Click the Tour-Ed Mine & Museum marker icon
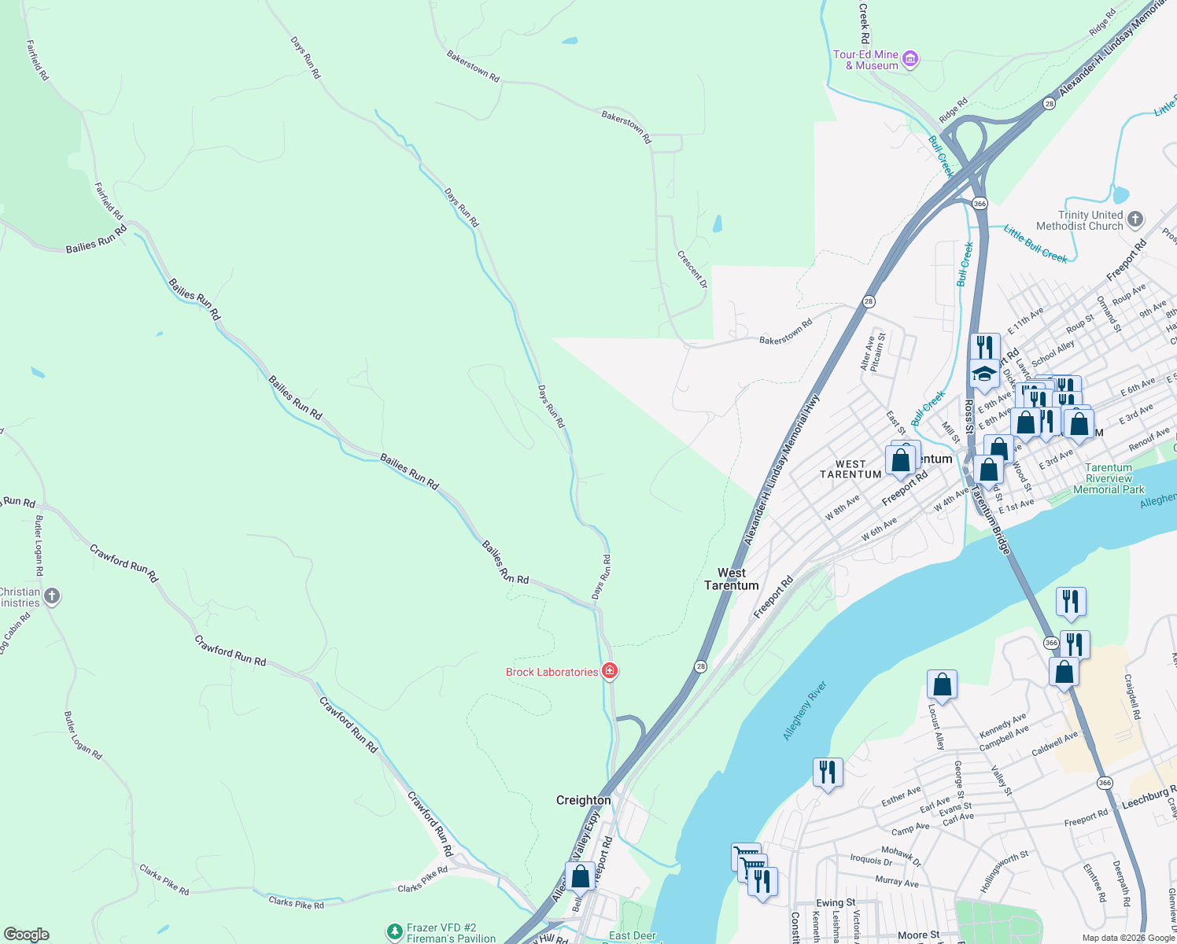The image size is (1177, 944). click(x=910, y=60)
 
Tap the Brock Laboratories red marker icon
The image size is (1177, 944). click(x=609, y=671)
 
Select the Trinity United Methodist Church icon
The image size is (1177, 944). click(x=1135, y=219)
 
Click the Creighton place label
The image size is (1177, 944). click(x=583, y=800)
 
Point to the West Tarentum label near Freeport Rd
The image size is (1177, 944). click(x=732, y=579)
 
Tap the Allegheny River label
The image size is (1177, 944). click(x=805, y=710)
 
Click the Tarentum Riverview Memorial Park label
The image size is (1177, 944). click(x=1109, y=478)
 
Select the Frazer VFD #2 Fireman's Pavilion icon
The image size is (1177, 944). click(x=395, y=932)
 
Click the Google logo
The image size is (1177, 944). click(x=27, y=934)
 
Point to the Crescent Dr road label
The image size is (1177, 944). click(x=692, y=270)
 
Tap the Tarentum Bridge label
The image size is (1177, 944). click(x=990, y=519)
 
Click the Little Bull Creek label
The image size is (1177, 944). click(x=1035, y=243)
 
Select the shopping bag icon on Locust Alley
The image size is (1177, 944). click(x=942, y=684)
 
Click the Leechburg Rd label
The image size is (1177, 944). click(x=1149, y=797)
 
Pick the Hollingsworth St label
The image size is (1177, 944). click(x=1004, y=871)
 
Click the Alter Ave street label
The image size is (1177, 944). click(x=867, y=354)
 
